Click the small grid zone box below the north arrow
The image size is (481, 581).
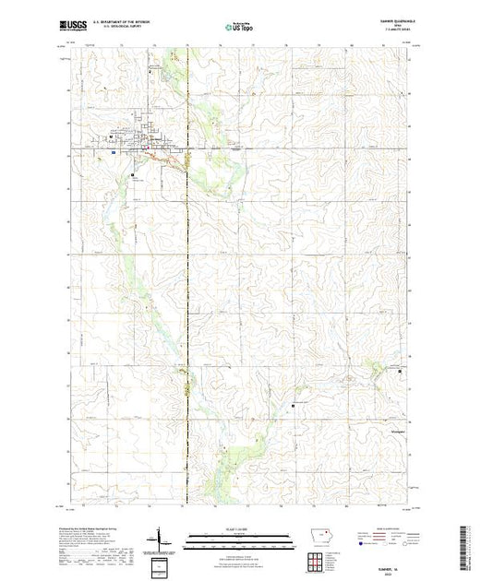click(x=161, y=562)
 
